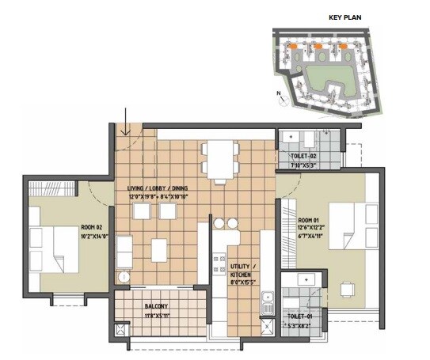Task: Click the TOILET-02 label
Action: [x=304, y=157]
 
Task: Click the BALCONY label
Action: [x=156, y=305]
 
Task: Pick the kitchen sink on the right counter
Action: [x=268, y=300]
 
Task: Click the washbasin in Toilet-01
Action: [x=303, y=279]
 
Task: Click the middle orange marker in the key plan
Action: [x=318, y=47]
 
